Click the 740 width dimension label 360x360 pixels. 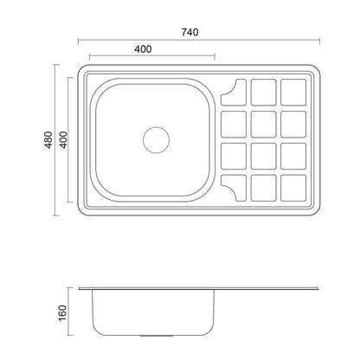coord(190,32)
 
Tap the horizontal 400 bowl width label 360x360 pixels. coord(143,49)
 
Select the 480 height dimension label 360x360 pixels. coord(48,140)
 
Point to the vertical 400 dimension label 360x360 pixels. coord(63,140)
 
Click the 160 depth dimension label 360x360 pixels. coord(62,313)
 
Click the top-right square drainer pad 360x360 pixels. coord(293,93)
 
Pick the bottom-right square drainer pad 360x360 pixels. coord(293,188)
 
